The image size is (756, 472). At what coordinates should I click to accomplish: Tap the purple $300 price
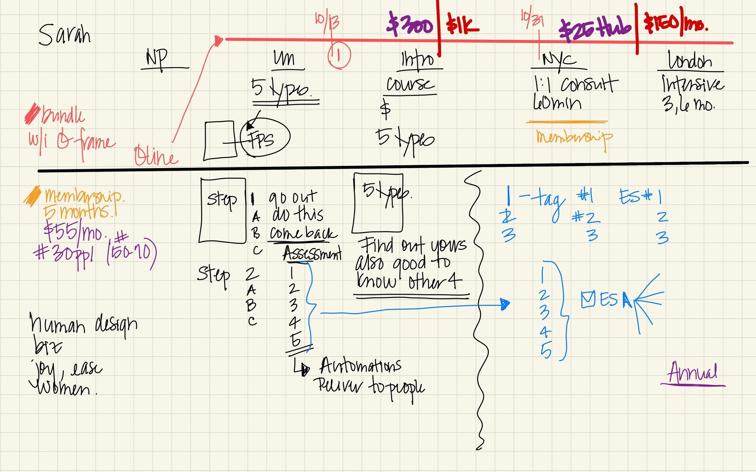pos(410,24)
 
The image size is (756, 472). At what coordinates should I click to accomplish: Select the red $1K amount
pos(462,25)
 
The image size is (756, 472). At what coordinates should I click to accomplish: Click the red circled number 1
pos(339,56)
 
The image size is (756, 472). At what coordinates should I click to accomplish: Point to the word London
pos(690,60)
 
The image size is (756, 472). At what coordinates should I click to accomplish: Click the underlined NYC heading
pos(559,60)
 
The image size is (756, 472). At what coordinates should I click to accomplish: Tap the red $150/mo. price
pos(676,23)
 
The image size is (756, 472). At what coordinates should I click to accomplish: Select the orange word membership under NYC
pos(574,138)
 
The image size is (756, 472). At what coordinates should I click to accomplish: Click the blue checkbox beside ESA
pos(588,299)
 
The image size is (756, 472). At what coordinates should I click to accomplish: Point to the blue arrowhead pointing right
pos(505,304)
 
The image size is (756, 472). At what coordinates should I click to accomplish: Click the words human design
pos(84,324)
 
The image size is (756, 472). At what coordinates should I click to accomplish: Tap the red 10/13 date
pos(327,22)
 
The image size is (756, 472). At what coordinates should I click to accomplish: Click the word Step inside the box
pos(222,199)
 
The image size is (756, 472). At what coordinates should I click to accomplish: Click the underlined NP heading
pos(157,58)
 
